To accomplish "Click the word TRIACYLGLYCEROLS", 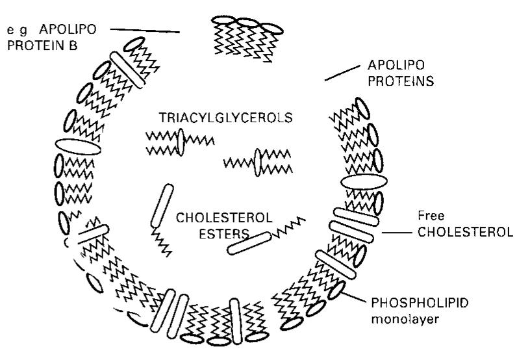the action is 225,118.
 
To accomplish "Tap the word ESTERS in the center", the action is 224,233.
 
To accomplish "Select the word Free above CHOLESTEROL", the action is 431,215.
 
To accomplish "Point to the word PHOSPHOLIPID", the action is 420,303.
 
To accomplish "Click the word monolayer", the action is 405,319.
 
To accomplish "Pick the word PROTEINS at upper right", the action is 401,81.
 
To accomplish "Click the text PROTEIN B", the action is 42,45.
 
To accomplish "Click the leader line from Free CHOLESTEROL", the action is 397,233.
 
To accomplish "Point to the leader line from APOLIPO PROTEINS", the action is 342,73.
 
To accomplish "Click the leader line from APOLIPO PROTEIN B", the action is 145,31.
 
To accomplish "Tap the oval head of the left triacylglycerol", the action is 181,142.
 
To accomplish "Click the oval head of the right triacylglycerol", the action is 258,162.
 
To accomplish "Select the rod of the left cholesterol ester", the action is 162,205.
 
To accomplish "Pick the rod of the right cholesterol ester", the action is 249,244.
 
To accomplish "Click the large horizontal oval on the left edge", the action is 78,147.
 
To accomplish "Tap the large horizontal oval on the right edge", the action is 364,182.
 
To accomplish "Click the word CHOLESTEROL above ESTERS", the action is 224,217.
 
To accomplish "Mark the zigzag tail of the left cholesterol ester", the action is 162,242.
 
